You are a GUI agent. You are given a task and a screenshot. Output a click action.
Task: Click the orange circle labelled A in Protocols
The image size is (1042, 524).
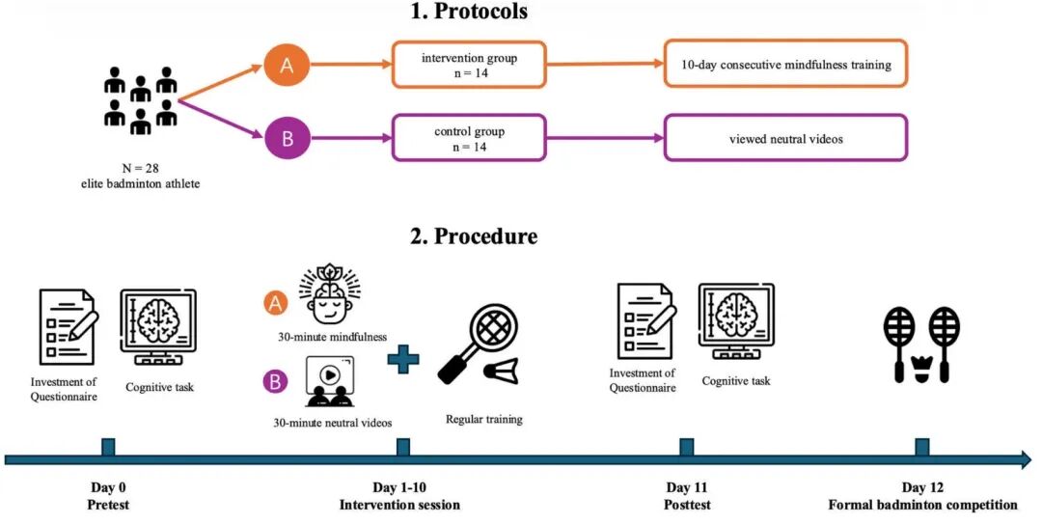coord(288,65)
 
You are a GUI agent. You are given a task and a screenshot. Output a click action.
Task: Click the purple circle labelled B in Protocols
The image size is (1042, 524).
coord(288,138)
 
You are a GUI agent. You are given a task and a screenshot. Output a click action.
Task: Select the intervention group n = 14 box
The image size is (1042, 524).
coord(469,65)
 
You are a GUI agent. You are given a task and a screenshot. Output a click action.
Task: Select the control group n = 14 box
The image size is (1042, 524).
coord(469,138)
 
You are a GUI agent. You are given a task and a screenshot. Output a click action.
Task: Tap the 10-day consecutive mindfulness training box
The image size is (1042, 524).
coord(785,64)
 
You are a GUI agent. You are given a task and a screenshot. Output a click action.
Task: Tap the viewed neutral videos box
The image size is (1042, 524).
coord(785,138)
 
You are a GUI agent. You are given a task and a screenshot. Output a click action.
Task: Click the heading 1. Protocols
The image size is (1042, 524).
coord(469,11)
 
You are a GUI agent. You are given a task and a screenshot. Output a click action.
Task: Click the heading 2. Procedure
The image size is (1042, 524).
coord(474,236)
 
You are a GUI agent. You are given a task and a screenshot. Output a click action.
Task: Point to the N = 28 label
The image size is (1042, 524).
coord(141,168)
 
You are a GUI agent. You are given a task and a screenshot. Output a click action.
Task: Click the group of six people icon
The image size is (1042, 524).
coord(141,99)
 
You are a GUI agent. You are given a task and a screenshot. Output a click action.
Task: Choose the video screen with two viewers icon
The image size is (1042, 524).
coord(329,381)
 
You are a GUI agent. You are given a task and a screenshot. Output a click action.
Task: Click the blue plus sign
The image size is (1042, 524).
coord(403,359)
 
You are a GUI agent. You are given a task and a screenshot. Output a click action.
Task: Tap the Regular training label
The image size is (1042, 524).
coord(483,419)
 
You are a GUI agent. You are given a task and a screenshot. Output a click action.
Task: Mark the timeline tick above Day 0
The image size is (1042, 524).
coord(108,447)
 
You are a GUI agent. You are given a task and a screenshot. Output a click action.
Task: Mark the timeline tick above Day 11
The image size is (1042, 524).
coord(687,447)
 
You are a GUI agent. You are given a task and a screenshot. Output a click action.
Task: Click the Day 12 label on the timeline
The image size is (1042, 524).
coord(922,488)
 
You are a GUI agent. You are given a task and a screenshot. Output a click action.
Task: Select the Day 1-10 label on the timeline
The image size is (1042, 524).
coord(399,488)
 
